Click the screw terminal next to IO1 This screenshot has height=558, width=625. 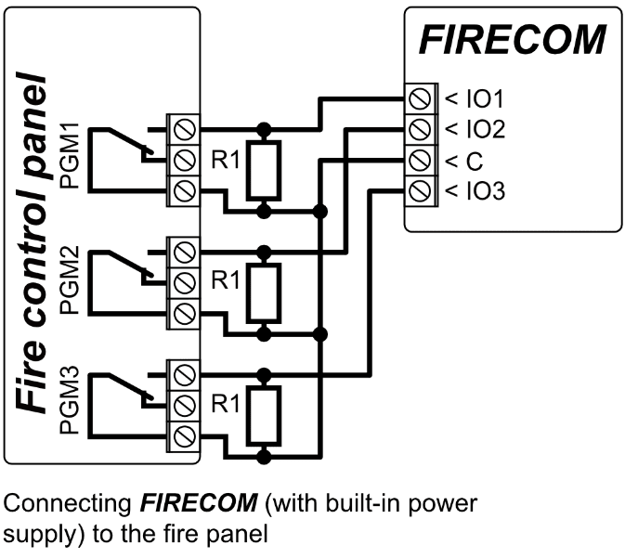(420, 97)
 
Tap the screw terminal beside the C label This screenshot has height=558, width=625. (420, 161)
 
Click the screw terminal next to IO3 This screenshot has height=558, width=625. (420, 192)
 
